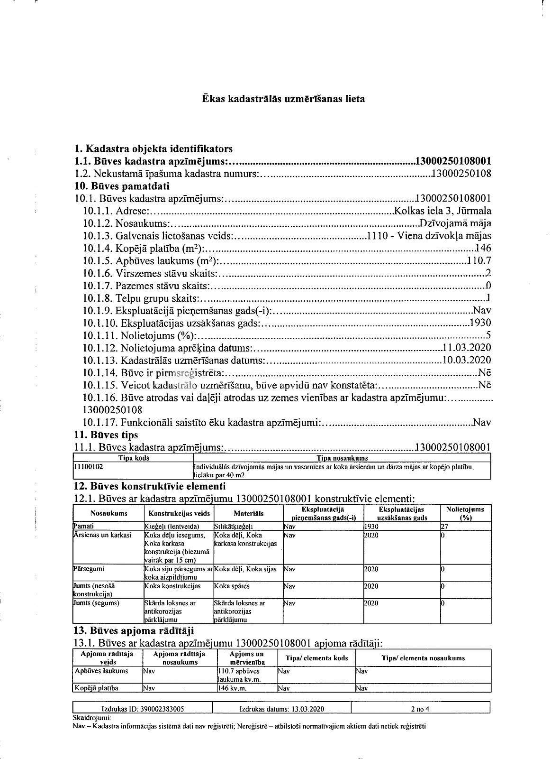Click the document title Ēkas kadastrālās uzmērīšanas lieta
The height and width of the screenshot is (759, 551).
click(283, 99)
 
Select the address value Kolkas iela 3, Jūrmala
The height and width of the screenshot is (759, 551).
click(443, 211)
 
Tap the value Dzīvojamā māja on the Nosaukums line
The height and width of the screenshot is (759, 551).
click(455, 223)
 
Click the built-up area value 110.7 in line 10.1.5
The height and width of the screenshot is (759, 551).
click(479, 261)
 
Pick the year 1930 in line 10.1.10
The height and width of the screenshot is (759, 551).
click(480, 323)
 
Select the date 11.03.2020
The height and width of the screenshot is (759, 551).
click(466, 348)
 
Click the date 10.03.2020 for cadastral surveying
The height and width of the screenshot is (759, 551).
click(466, 360)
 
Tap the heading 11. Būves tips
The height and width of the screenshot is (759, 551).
click(106, 435)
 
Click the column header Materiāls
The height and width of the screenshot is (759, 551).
click(248, 513)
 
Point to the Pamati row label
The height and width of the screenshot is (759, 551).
click(84, 526)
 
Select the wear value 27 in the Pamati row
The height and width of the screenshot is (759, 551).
click(444, 526)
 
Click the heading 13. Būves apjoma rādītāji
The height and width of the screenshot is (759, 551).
click(134, 631)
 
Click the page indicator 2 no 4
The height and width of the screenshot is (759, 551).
click(420, 709)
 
